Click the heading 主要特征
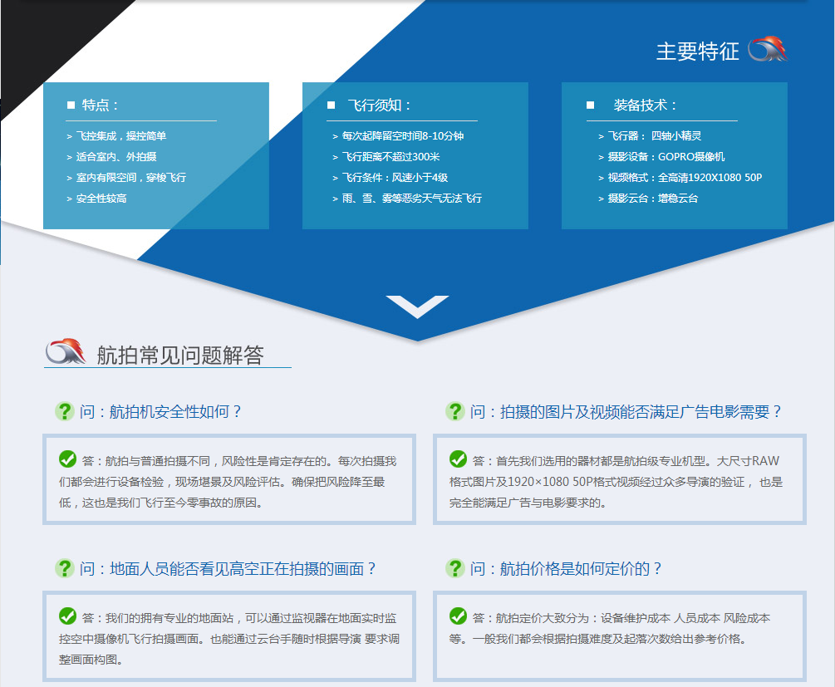tap(698, 52)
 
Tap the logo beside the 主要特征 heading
tap(768, 49)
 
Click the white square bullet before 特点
tap(71, 105)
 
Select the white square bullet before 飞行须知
tap(331, 105)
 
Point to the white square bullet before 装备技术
tap(590, 105)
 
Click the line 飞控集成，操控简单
tap(116, 136)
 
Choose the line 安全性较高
tap(96, 199)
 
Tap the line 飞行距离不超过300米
tap(386, 157)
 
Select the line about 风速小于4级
tap(390, 178)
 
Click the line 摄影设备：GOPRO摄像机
tap(661, 157)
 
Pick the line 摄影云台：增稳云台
tap(648, 199)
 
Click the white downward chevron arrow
tap(417, 307)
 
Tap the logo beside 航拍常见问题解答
tap(66, 351)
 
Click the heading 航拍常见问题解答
tap(180, 356)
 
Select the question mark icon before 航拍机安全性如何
tap(65, 411)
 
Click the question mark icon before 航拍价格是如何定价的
tap(454, 568)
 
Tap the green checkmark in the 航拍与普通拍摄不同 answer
tap(67, 459)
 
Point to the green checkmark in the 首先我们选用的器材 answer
tap(458, 459)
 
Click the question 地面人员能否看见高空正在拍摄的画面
tap(228, 569)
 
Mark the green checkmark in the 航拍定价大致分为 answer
tap(458, 616)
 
